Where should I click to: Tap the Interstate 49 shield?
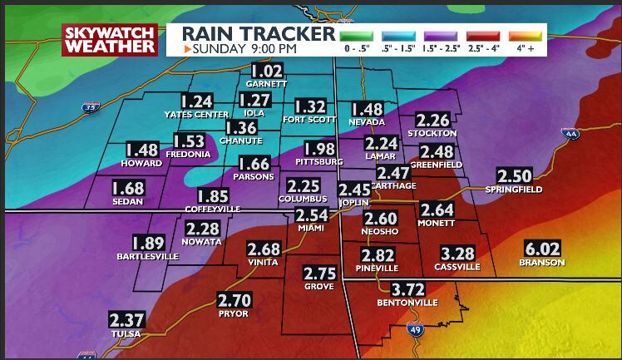coord(414,329)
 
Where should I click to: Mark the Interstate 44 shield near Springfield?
coord(569,133)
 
